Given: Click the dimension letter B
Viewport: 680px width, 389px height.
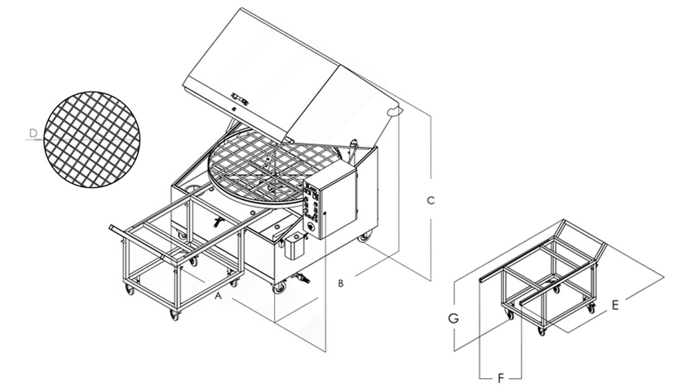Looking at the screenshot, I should pyautogui.click(x=340, y=283).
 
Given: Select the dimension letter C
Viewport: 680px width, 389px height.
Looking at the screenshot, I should pyautogui.click(x=431, y=201).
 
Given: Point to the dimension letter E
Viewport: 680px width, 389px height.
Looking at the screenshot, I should pyautogui.click(x=614, y=304).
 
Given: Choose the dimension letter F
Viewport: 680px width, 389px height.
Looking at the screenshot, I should pyautogui.click(x=502, y=377).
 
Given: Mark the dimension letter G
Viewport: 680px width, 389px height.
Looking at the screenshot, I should pyautogui.click(x=454, y=318).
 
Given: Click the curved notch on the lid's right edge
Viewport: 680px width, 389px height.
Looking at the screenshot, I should pyautogui.click(x=394, y=111).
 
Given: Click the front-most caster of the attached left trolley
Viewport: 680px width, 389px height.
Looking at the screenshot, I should pyautogui.click(x=174, y=315).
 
